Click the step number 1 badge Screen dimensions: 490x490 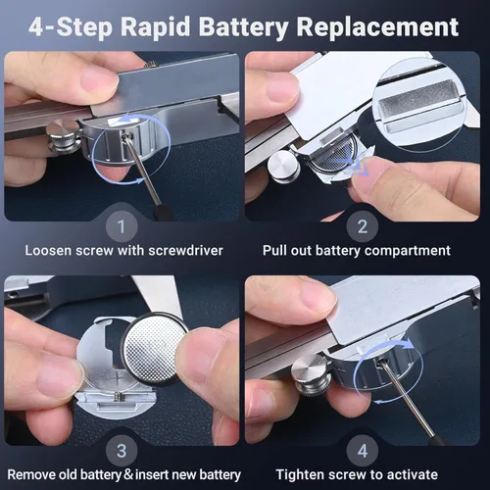122,226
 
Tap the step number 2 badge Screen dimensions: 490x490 363,226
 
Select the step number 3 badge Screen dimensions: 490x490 122,451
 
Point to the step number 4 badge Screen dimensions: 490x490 363,451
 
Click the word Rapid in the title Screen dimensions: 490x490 155,27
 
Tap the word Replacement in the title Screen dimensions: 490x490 378,27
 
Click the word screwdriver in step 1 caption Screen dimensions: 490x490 185,251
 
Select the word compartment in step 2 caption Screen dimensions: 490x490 408,251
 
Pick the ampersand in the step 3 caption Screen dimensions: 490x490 128,474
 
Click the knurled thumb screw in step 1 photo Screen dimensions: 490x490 65,136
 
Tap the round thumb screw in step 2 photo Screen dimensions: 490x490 284,167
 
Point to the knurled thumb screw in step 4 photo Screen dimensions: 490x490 311,374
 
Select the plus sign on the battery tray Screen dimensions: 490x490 117,379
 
